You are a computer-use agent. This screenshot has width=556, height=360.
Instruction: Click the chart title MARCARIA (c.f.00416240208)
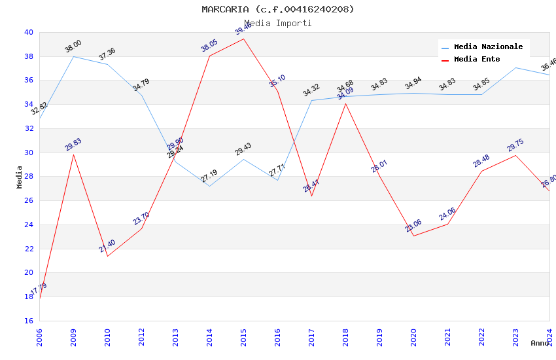coord(278,9)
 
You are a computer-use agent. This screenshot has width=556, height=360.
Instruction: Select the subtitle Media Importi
coord(278,23)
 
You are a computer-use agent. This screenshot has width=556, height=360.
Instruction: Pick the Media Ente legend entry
coord(477,59)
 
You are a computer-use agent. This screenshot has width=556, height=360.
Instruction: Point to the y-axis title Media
coord(19,177)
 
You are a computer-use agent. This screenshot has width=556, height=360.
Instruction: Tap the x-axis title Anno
coord(540,343)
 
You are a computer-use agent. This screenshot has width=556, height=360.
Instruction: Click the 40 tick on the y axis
coord(28,32)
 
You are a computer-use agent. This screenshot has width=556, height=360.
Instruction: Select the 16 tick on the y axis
coord(28,321)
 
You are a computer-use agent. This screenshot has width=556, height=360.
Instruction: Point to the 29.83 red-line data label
coord(73,145)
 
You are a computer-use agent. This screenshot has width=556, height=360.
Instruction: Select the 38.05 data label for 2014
coord(209,45)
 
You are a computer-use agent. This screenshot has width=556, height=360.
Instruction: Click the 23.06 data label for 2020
coord(413,226)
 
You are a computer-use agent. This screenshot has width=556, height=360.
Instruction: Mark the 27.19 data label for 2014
coord(209,176)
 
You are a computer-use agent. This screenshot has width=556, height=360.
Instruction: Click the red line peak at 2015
coord(243,39)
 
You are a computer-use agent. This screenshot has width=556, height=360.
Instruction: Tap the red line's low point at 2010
coord(107,256)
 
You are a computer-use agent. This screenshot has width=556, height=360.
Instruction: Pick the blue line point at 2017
coord(311,101)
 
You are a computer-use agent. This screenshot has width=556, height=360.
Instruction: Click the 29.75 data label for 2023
coord(515,145)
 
